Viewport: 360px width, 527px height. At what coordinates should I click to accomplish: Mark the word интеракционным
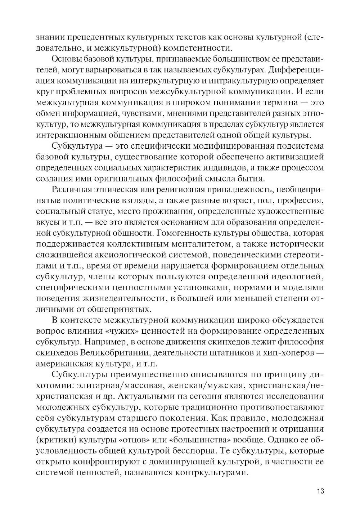pos(69,135)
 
